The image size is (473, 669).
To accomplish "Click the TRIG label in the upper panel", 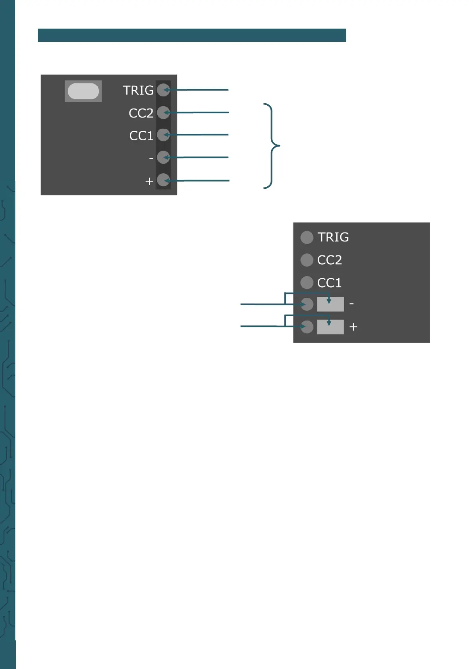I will (138, 90).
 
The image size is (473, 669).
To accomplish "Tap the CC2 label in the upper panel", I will (141, 113).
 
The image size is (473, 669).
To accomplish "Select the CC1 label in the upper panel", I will (141, 136).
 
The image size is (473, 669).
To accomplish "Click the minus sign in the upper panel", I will (151, 158).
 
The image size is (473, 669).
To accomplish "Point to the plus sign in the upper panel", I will (149, 181).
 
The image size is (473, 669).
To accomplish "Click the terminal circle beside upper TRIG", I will (163, 90).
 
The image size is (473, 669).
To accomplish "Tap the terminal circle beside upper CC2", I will (163, 112).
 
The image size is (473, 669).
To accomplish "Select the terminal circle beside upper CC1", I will (163, 135).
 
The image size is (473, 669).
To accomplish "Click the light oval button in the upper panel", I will (83, 91).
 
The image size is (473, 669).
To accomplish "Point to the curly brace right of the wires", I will (272, 146).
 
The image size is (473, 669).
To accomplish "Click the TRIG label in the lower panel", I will (333, 237).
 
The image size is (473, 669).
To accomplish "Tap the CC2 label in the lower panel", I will (329, 260).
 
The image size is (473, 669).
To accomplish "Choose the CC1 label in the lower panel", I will (329, 283).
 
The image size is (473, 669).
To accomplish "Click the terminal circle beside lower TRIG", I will (307, 237).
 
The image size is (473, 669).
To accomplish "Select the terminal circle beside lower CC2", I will (307, 260).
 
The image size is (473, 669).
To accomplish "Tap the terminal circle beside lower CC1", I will (307, 282).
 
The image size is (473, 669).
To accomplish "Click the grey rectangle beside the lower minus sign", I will (330, 304).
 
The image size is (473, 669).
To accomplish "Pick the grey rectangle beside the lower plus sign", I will (330, 327).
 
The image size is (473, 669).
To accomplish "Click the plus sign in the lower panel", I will (353, 327).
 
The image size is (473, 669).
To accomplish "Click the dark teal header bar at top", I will (192, 35).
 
